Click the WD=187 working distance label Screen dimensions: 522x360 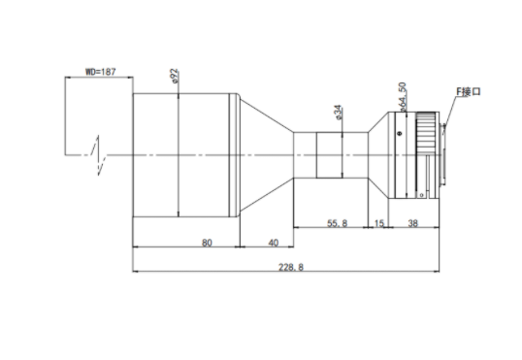click(x=101, y=72)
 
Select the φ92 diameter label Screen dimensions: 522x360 click(x=174, y=77)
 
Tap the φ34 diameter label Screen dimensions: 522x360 click(x=338, y=113)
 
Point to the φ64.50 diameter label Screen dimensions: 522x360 click(x=402, y=97)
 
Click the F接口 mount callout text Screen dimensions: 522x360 click(x=469, y=91)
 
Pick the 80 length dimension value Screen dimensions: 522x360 click(x=207, y=243)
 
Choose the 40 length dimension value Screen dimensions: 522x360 click(x=274, y=243)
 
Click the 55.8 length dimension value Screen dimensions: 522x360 click(x=338, y=223)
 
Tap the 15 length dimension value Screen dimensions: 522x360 click(x=379, y=223)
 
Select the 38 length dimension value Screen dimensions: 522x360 click(x=412, y=223)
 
